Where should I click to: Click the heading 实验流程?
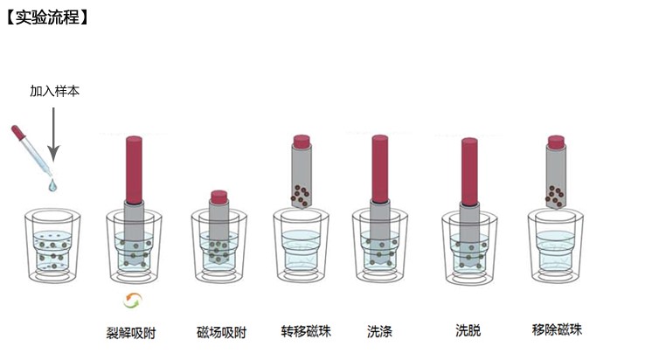pyautogui.click(x=47, y=17)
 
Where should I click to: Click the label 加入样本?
pyautogui.click(x=54, y=91)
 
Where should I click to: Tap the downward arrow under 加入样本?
pyautogui.click(x=53, y=134)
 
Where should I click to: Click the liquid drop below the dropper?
pyautogui.click(x=52, y=185)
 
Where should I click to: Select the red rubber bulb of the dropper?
pyautogui.click(x=18, y=133)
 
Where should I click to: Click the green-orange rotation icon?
pyautogui.click(x=133, y=300)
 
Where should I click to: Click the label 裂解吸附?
pyautogui.click(x=131, y=333)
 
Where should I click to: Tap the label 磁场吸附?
pyautogui.click(x=222, y=333)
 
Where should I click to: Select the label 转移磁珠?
pyautogui.click(x=306, y=331)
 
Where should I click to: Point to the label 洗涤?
pyautogui.click(x=379, y=331)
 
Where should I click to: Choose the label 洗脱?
pyautogui.click(x=468, y=330)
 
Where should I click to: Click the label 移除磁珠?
pyautogui.click(x=558, y=329)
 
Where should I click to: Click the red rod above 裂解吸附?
pyautogui.click(x=134, y=170)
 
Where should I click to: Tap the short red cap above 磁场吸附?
pyautogui.click(x=219, y=197)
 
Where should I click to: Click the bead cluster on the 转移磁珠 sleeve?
pyautogui.click(x=301, y=196)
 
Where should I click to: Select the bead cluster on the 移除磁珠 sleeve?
pyautogui.click(x=555, y=197)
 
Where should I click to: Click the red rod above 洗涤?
pyautogui.click(x=380, y=169)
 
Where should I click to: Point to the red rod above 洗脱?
pyautogui.click(x=469, y=171)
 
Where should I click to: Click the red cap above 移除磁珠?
pyautogui.click(x=556, y=142)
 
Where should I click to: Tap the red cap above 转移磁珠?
pyautogui.click(x=302, y=142)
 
